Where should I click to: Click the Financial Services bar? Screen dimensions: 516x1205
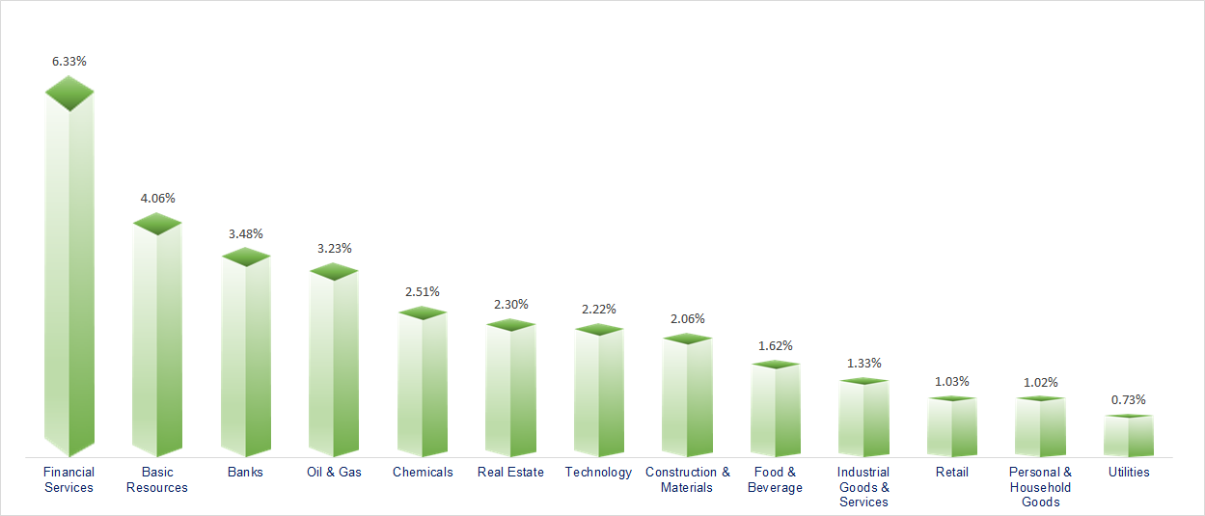point(69,280)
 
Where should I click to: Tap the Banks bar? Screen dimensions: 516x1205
point(246,357)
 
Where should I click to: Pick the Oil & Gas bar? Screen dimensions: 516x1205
point(334,365)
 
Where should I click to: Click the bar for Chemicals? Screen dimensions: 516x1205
point(423,386)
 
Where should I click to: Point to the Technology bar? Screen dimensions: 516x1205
point(599,394)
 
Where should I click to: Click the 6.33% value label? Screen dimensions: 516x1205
point(69,61)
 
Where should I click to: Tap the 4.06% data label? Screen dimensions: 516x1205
point(157,198)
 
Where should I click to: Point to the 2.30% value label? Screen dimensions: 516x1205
point(510,304)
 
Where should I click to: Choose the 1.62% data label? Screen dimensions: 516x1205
point(776,344)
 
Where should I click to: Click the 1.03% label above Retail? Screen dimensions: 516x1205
point(952,381)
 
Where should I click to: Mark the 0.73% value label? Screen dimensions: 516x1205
point(1129,399)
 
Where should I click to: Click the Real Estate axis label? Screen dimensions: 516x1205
point(510,473)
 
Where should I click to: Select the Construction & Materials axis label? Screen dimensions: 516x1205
point(688,479)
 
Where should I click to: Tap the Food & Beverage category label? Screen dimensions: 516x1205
point(775,479)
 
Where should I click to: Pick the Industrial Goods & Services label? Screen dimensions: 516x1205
point(863,487)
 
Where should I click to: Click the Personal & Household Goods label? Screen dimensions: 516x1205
point(1040,487)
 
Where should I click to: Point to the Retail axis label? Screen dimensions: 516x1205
point(952,473)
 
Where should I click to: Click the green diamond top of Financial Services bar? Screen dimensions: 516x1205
point(69,94)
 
